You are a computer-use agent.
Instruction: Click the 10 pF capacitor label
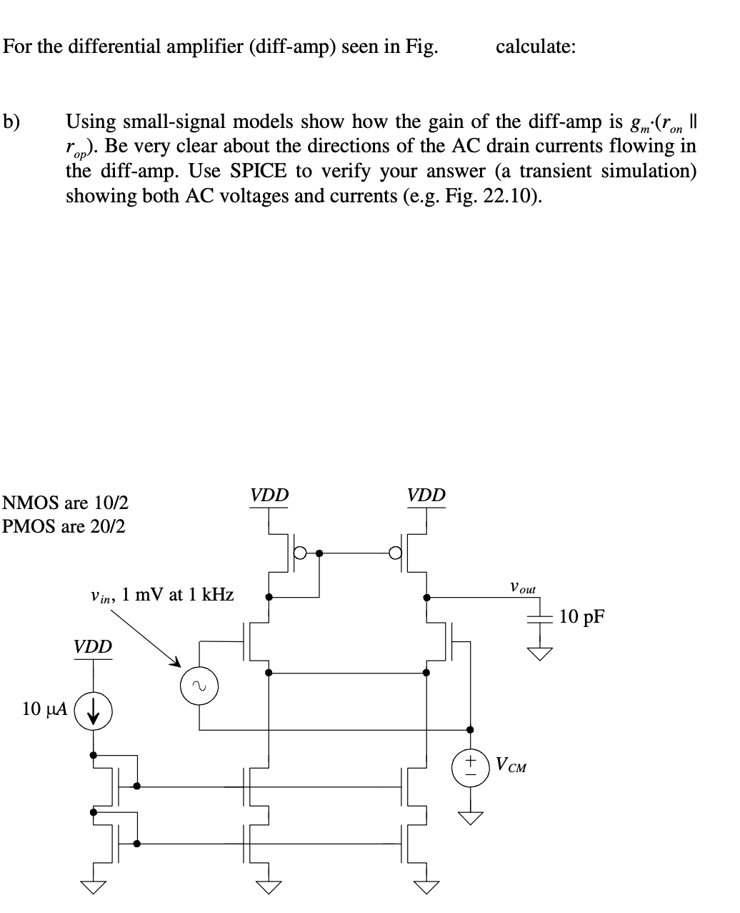[x=582, y=616]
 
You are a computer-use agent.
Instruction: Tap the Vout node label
[x=522, y=588]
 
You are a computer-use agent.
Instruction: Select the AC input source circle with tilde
[x=199, y=686]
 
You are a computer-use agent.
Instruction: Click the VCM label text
[x=511, y=766]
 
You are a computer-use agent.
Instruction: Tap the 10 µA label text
[x=45, y=709]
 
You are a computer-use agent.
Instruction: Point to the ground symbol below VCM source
[x=469, y=816]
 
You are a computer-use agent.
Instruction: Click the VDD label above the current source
[x=93, y=647]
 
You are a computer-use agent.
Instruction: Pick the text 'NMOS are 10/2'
[x=66, y=503]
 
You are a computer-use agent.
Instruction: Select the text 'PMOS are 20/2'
[x=64, y=527]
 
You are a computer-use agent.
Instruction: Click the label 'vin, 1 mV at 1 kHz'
[x=162, y=594]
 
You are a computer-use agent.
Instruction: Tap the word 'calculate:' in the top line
[x=536, y=47]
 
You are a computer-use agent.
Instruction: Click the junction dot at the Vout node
[x=427, y=596]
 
